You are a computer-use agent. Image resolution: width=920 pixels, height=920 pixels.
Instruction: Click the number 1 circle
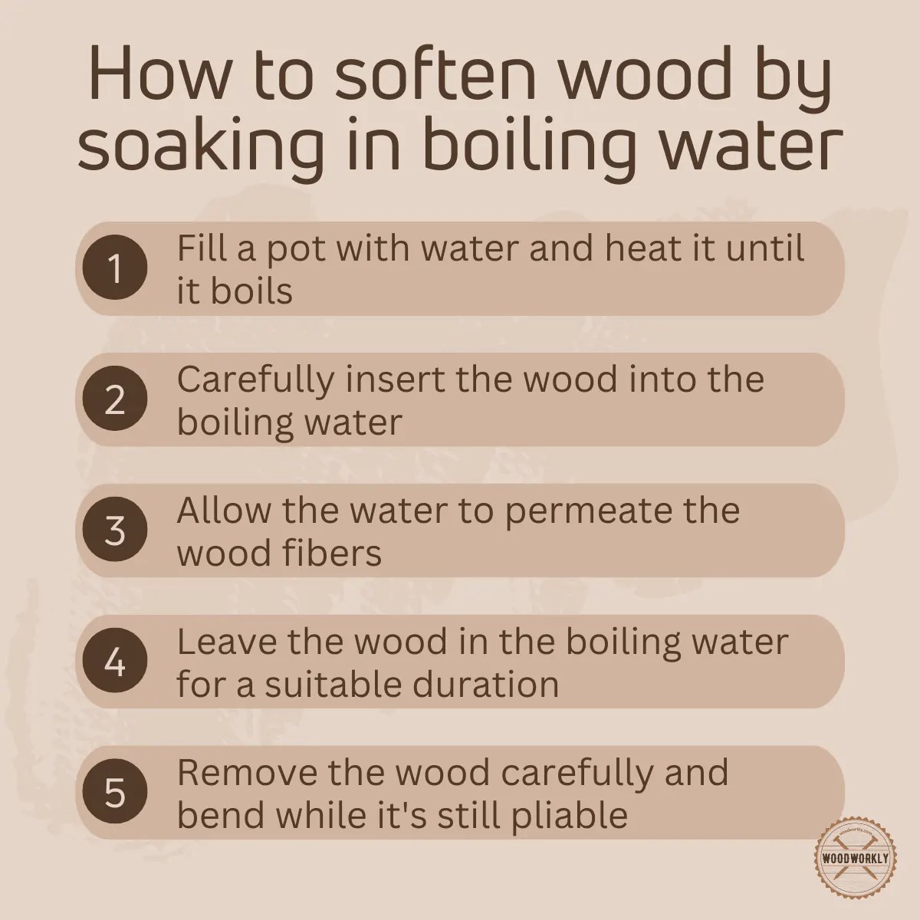(114, 268)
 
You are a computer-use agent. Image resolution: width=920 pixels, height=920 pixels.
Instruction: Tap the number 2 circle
(114, 399)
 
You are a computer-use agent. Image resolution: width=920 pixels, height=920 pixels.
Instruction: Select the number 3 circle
(114, 531)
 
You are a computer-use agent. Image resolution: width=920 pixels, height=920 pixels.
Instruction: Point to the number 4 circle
(114, 662)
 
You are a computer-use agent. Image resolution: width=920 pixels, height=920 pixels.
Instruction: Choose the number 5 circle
(114, 793)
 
